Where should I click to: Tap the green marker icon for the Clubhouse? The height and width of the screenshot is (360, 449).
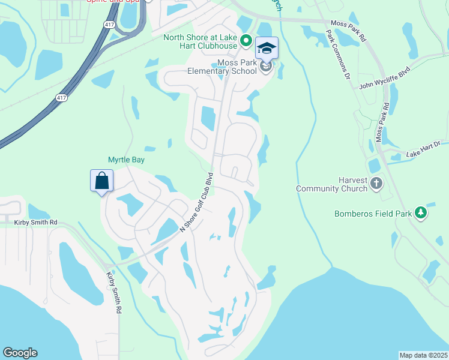pos(246,41)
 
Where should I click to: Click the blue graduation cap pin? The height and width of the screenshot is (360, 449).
pos(267,48)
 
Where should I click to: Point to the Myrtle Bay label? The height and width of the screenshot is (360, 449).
pos(126,160)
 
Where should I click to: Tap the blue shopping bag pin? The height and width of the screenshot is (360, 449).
pos(101,180)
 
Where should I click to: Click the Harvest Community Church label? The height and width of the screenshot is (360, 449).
pos(331,184)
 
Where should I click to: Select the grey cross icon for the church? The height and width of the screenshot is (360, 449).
pos(376,183)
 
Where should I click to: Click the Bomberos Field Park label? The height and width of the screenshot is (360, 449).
pos(373,213)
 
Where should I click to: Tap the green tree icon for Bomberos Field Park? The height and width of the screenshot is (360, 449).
pos(421,212)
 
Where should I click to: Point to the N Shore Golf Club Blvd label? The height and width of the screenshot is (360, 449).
pos(197,203)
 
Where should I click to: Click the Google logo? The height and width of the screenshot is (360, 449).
pos(20,353)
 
